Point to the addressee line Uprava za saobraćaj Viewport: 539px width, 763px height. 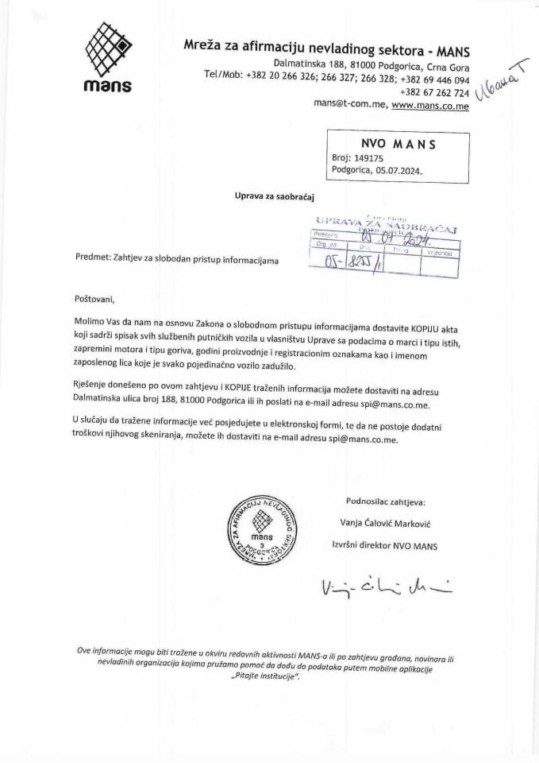pyautogui.click(x=263, y=194)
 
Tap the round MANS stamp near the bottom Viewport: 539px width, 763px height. pyautogui.click(x=261, y=531)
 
